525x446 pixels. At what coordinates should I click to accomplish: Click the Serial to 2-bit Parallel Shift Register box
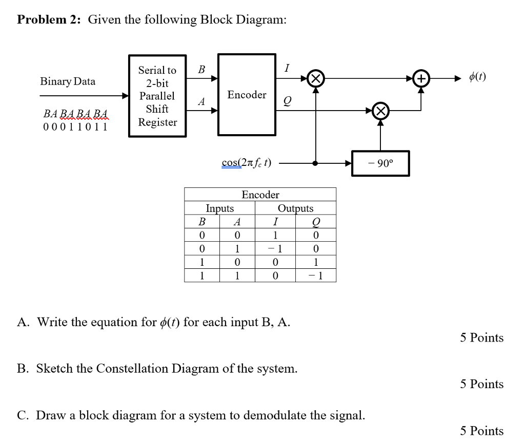pos(157,96)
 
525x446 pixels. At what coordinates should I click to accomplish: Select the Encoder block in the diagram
pos(247,95)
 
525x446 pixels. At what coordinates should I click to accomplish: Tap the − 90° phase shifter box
pos(380,163)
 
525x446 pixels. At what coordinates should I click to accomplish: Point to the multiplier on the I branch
pos(316,78)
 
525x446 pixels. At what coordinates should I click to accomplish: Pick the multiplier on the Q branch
pos(380,110)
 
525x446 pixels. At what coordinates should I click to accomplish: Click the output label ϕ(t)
pos(477,77)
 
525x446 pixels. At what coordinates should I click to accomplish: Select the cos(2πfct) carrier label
pos(247,163)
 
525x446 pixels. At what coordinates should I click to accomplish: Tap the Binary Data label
pos(68,81)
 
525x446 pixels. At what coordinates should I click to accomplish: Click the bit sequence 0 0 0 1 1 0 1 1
pos(75,126)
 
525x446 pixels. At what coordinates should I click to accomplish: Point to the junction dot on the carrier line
pos(316,163)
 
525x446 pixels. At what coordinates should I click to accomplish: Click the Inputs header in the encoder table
pos(219,208)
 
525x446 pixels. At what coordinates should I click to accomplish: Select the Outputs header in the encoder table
pos(295,208)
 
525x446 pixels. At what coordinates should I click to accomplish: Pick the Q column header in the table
pos(316,222)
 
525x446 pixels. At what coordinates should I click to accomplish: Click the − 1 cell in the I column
pos(275,249)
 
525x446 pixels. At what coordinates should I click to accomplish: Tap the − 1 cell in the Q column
pos(316,276)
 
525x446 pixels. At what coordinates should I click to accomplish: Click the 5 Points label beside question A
pos(481,338)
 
